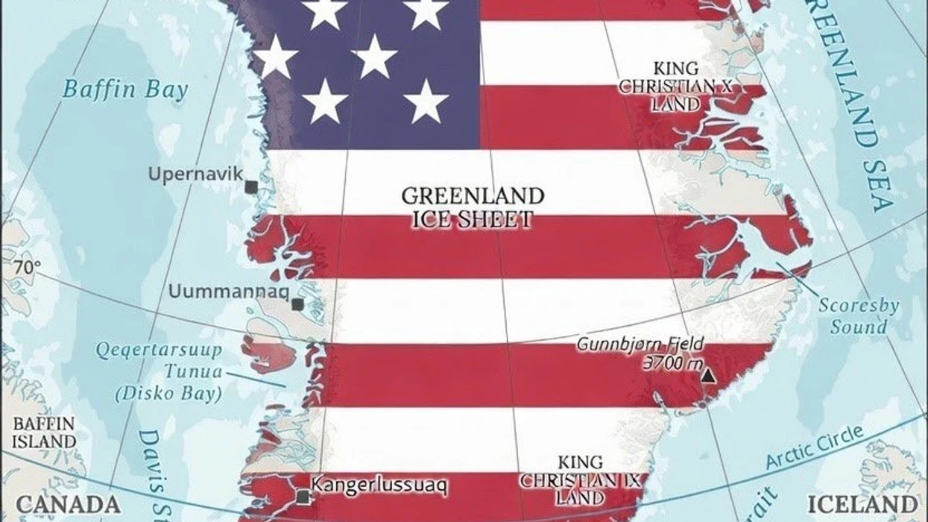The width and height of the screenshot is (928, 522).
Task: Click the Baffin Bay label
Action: coord(125,89)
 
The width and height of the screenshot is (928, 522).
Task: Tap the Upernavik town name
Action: coord(195,174)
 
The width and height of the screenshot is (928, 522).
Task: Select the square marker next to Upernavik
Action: coord(252,187)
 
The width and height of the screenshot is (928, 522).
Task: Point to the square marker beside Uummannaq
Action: coord(297,304)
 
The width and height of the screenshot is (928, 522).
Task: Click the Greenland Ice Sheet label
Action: coord(473,207)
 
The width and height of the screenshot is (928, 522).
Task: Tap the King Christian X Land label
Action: coord(676,87)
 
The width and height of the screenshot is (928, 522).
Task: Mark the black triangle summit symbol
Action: coord(708,376)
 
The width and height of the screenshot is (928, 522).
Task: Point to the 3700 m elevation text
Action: coord(671,364)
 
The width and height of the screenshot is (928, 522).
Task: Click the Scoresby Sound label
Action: coord(859,316)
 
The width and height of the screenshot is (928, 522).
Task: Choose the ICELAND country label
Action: coord(862,503)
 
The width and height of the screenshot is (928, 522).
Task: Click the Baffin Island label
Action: coord(44,433)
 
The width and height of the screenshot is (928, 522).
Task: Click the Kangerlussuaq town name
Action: coord(379,485)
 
